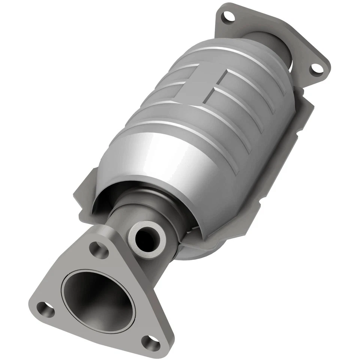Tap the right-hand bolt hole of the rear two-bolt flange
[x=317, y=69]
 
